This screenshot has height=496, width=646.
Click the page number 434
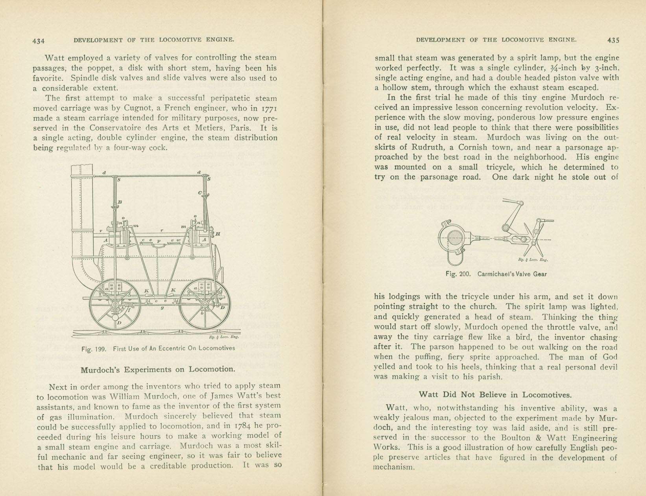[39, 40]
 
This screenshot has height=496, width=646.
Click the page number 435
[613, 40]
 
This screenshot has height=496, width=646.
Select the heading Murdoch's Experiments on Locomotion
[158, 369]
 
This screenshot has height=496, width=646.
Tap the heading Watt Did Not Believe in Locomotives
[495, 394]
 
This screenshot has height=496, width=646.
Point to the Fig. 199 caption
[158, 348]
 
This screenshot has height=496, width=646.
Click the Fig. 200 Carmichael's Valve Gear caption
[496, 274]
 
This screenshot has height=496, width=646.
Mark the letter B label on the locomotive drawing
[120, 202]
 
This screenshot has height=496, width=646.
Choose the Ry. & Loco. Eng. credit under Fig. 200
[533, 259]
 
